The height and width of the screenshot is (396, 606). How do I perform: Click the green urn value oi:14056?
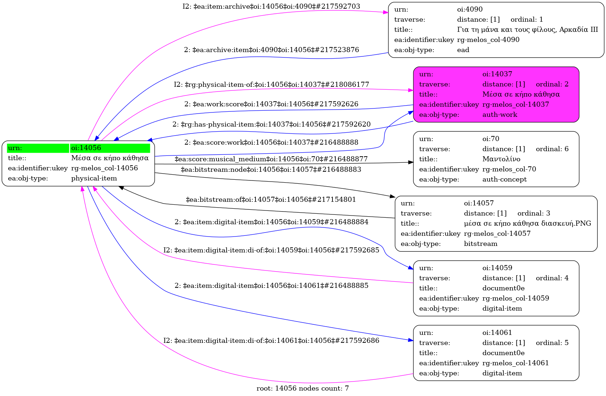[x=86, y=148]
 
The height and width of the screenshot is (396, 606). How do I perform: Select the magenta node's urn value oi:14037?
[x=497, y=74]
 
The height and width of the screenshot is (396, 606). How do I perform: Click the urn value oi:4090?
[x=470, y=9]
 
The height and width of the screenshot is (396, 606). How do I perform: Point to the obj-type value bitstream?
[x=481, y=244]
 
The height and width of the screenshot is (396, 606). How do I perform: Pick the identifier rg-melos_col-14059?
[x=516, y=298]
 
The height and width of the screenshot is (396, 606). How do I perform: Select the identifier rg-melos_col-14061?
[x=516, y=363]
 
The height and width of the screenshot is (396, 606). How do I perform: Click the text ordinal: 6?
[x=552, y=149]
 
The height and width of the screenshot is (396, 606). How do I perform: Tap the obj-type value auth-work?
[x=500, y=115]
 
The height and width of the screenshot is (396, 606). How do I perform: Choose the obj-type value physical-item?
[x=94, y=178]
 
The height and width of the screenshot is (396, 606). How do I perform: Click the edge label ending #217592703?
[x=271, y=7]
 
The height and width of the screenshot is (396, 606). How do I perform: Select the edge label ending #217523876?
[x=271, y=50]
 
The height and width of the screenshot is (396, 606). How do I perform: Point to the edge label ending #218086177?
[x=271, y=85]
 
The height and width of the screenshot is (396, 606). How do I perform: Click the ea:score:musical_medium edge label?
[x=271, y=159]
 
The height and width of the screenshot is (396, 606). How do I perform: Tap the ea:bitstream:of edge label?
[x=271, y=200]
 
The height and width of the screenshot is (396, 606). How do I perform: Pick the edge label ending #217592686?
[x=271, y=341]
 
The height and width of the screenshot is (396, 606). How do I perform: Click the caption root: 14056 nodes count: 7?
[x=302, y=388]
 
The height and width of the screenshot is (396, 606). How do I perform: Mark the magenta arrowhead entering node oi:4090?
[x=386, y=12]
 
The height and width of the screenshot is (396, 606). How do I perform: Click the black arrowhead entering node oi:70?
[x=411, y=162]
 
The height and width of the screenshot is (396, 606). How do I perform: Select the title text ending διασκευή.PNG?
[x=527, y=223]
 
